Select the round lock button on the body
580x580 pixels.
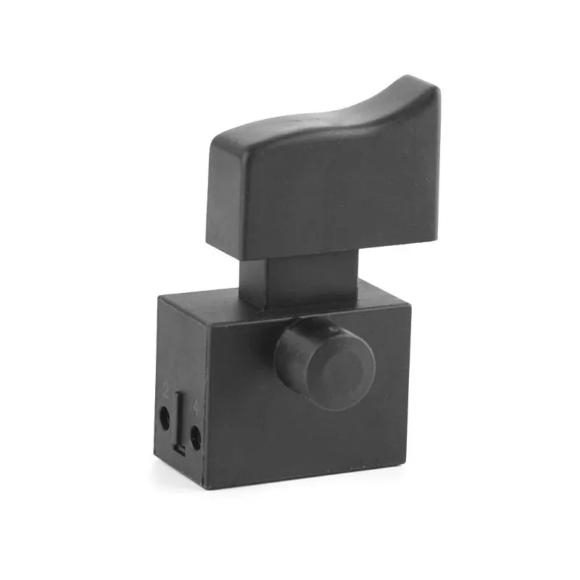point(326,362)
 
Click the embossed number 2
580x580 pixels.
point(166,392)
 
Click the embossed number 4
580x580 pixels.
point(195,409)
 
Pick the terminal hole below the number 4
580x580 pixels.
point(195,435)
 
